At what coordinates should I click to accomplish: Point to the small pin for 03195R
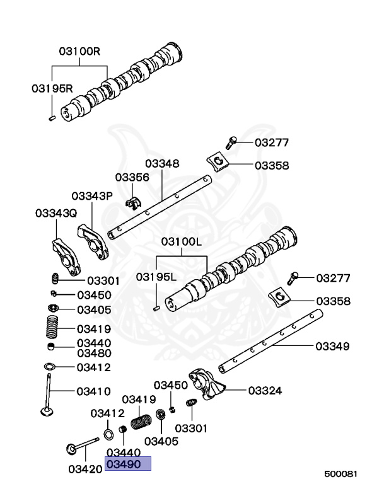tap(51, 116)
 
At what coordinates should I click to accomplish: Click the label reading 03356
tap(132, 178)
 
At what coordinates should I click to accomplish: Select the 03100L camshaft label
tap(181, 241)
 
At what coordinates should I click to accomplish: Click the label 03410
tap(94, 391)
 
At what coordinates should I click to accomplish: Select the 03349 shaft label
tap(332, 346)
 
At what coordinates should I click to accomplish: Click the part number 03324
tap(265, 391)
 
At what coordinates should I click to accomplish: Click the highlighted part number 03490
tap(129, 464)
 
